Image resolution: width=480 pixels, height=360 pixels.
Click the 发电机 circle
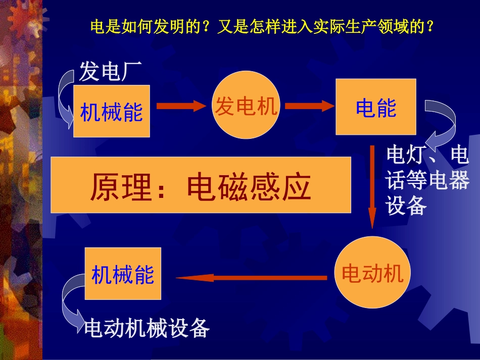pos(247,106)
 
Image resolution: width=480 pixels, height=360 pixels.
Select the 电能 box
pos(375,107)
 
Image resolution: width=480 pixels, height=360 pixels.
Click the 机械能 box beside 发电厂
pos(111,111)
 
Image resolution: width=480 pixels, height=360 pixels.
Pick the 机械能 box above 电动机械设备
pos(123,274)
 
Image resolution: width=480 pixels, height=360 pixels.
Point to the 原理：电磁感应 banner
pos(201,184)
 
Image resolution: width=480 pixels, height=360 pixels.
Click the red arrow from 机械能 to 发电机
pos(182,106)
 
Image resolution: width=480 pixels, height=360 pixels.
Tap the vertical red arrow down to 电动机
pos(372,187)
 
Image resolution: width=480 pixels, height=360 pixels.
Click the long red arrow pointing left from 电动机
pos(251,277)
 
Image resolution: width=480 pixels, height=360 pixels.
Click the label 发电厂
pos(111,73)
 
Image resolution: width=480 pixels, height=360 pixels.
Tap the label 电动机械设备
pos(147,328)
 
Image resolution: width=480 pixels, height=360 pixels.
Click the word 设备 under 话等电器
pos(406,205)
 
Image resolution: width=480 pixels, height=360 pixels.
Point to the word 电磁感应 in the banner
pos(248,187)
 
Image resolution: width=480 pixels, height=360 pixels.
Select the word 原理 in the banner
pos(121,187)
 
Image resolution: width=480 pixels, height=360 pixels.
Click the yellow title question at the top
pos(262,26)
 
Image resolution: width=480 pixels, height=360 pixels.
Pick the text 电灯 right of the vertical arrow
pos(402,156)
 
